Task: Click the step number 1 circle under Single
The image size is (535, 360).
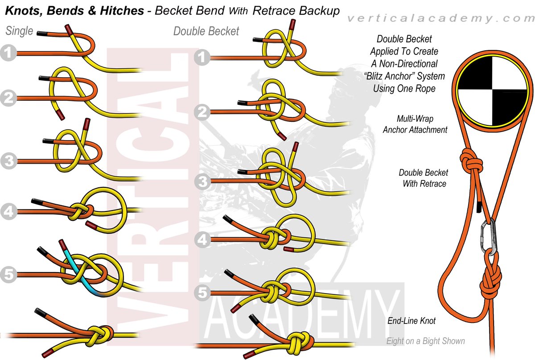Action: pos(8,54)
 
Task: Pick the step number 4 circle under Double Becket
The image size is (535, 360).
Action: pos(202,240)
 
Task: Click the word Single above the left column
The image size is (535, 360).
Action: pos(19,31)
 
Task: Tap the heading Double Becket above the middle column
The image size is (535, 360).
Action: pos(206,31)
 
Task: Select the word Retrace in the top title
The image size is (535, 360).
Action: pos(272,11)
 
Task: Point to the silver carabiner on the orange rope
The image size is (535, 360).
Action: pos(487,238)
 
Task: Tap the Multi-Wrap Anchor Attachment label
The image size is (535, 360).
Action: pos(415,124)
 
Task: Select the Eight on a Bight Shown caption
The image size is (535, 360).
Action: pos(425,341)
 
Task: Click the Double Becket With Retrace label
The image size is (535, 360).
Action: pos(423,178)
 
